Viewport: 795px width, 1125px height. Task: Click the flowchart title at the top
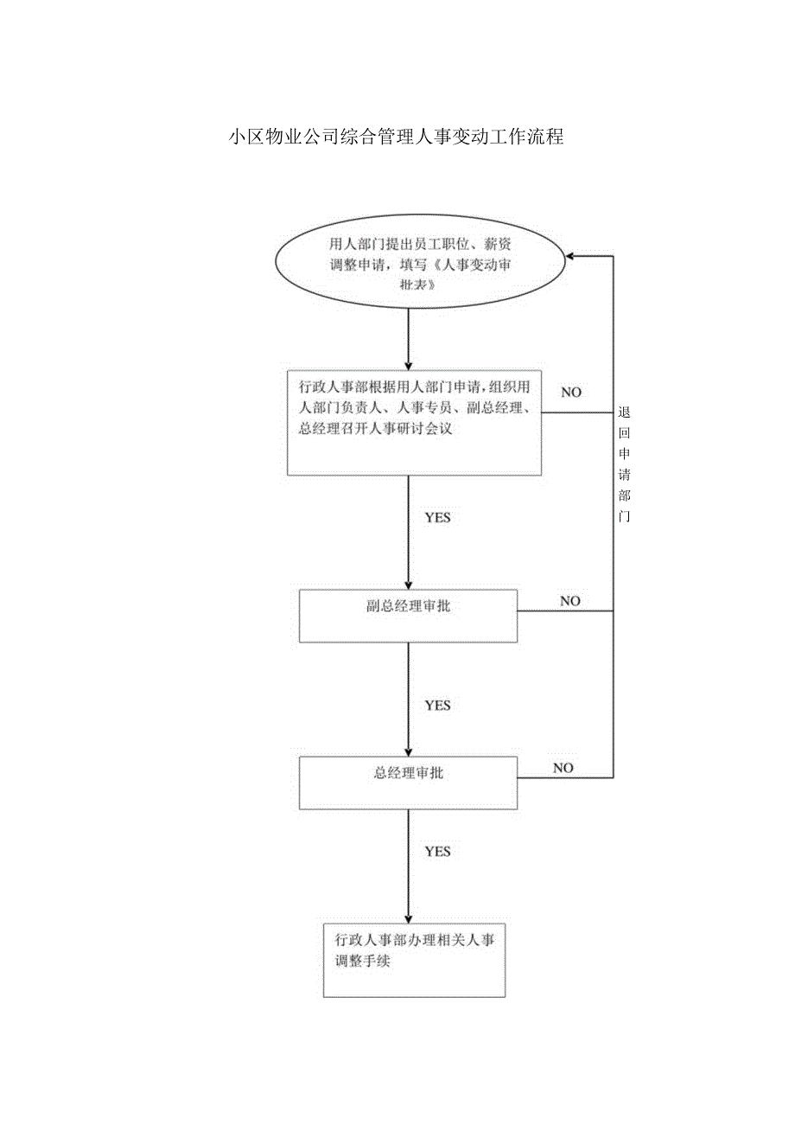(x=397, y=136)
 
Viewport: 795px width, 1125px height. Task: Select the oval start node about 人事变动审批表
(x=420, y=263)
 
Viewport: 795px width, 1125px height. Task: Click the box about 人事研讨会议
(x=414, y=423)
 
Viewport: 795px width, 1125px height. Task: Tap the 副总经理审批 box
(x=408, y=616)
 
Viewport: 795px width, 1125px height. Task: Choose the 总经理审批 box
(x=408, y=783)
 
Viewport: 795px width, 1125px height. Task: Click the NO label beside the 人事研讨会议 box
(x=571, y=392)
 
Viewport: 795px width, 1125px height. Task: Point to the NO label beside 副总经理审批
(x=570, y=600)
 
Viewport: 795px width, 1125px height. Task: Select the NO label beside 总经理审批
(x=563, y=767)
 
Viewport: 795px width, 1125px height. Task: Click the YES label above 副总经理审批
(x=437, y=517)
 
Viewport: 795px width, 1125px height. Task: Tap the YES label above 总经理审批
(x=437, y=705)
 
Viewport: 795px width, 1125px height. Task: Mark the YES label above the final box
(x=437, y=851)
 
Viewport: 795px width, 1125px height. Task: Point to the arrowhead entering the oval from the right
(x=571, y=256)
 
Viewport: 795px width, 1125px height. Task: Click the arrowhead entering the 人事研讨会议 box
(x=408, y=366)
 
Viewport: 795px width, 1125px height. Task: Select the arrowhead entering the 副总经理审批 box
(x=408, y=584)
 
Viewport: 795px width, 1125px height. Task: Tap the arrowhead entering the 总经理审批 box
(x=408, y=751)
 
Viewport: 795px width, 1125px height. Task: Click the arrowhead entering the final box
(x=408, y=918)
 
